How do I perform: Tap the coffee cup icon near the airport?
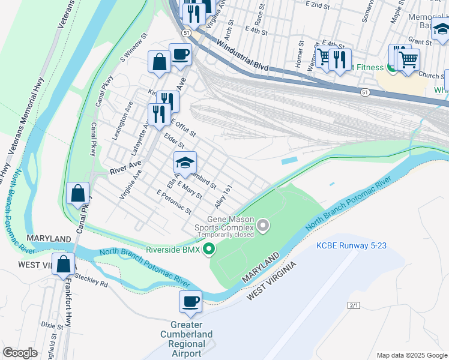click(x=191, y=301)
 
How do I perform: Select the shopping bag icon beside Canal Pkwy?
click(x=78, y=193)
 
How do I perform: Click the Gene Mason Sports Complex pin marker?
click(x=263, y=226)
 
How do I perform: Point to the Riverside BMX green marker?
click(x=209, y=248)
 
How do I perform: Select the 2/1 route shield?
click(x=354, y=305)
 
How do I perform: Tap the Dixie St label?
click(x=52, y=326)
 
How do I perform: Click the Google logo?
click(x=20, y=353)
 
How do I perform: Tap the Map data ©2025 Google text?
click(x=411, y=355)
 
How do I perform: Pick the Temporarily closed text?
click(x=231, y=235)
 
